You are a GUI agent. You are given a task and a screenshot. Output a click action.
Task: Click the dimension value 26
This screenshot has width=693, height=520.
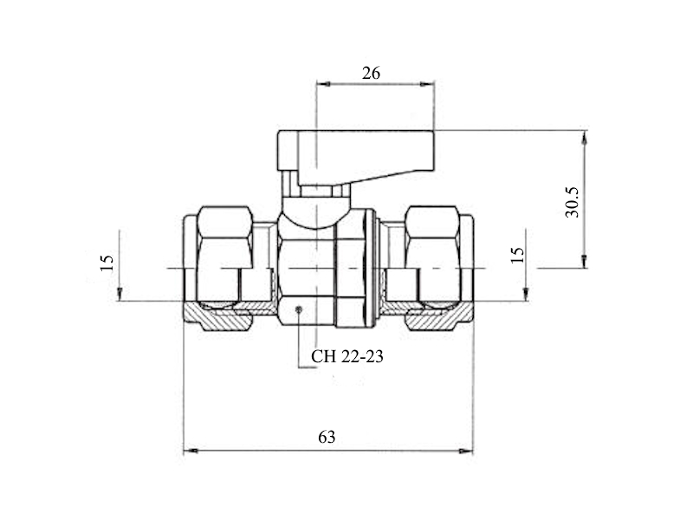click(x=371, y=73)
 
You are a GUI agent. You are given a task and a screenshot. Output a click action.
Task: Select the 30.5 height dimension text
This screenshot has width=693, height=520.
click(x=572, y=202)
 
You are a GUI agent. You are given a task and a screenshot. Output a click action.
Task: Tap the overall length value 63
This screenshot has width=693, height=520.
click(x=327, y=437)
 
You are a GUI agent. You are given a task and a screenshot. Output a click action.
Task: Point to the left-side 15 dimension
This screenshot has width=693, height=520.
click(x=107, y=263)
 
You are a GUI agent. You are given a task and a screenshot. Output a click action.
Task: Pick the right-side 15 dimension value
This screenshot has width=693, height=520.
click(x=517, y=255)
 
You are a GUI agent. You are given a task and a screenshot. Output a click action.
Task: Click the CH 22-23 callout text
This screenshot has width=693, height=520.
click(x=347, y=356)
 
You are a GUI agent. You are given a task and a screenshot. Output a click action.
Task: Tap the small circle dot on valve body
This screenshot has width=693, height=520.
click(x=299, y=309)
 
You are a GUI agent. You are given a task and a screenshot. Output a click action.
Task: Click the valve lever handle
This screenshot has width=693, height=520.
click(x=356, y=157)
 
